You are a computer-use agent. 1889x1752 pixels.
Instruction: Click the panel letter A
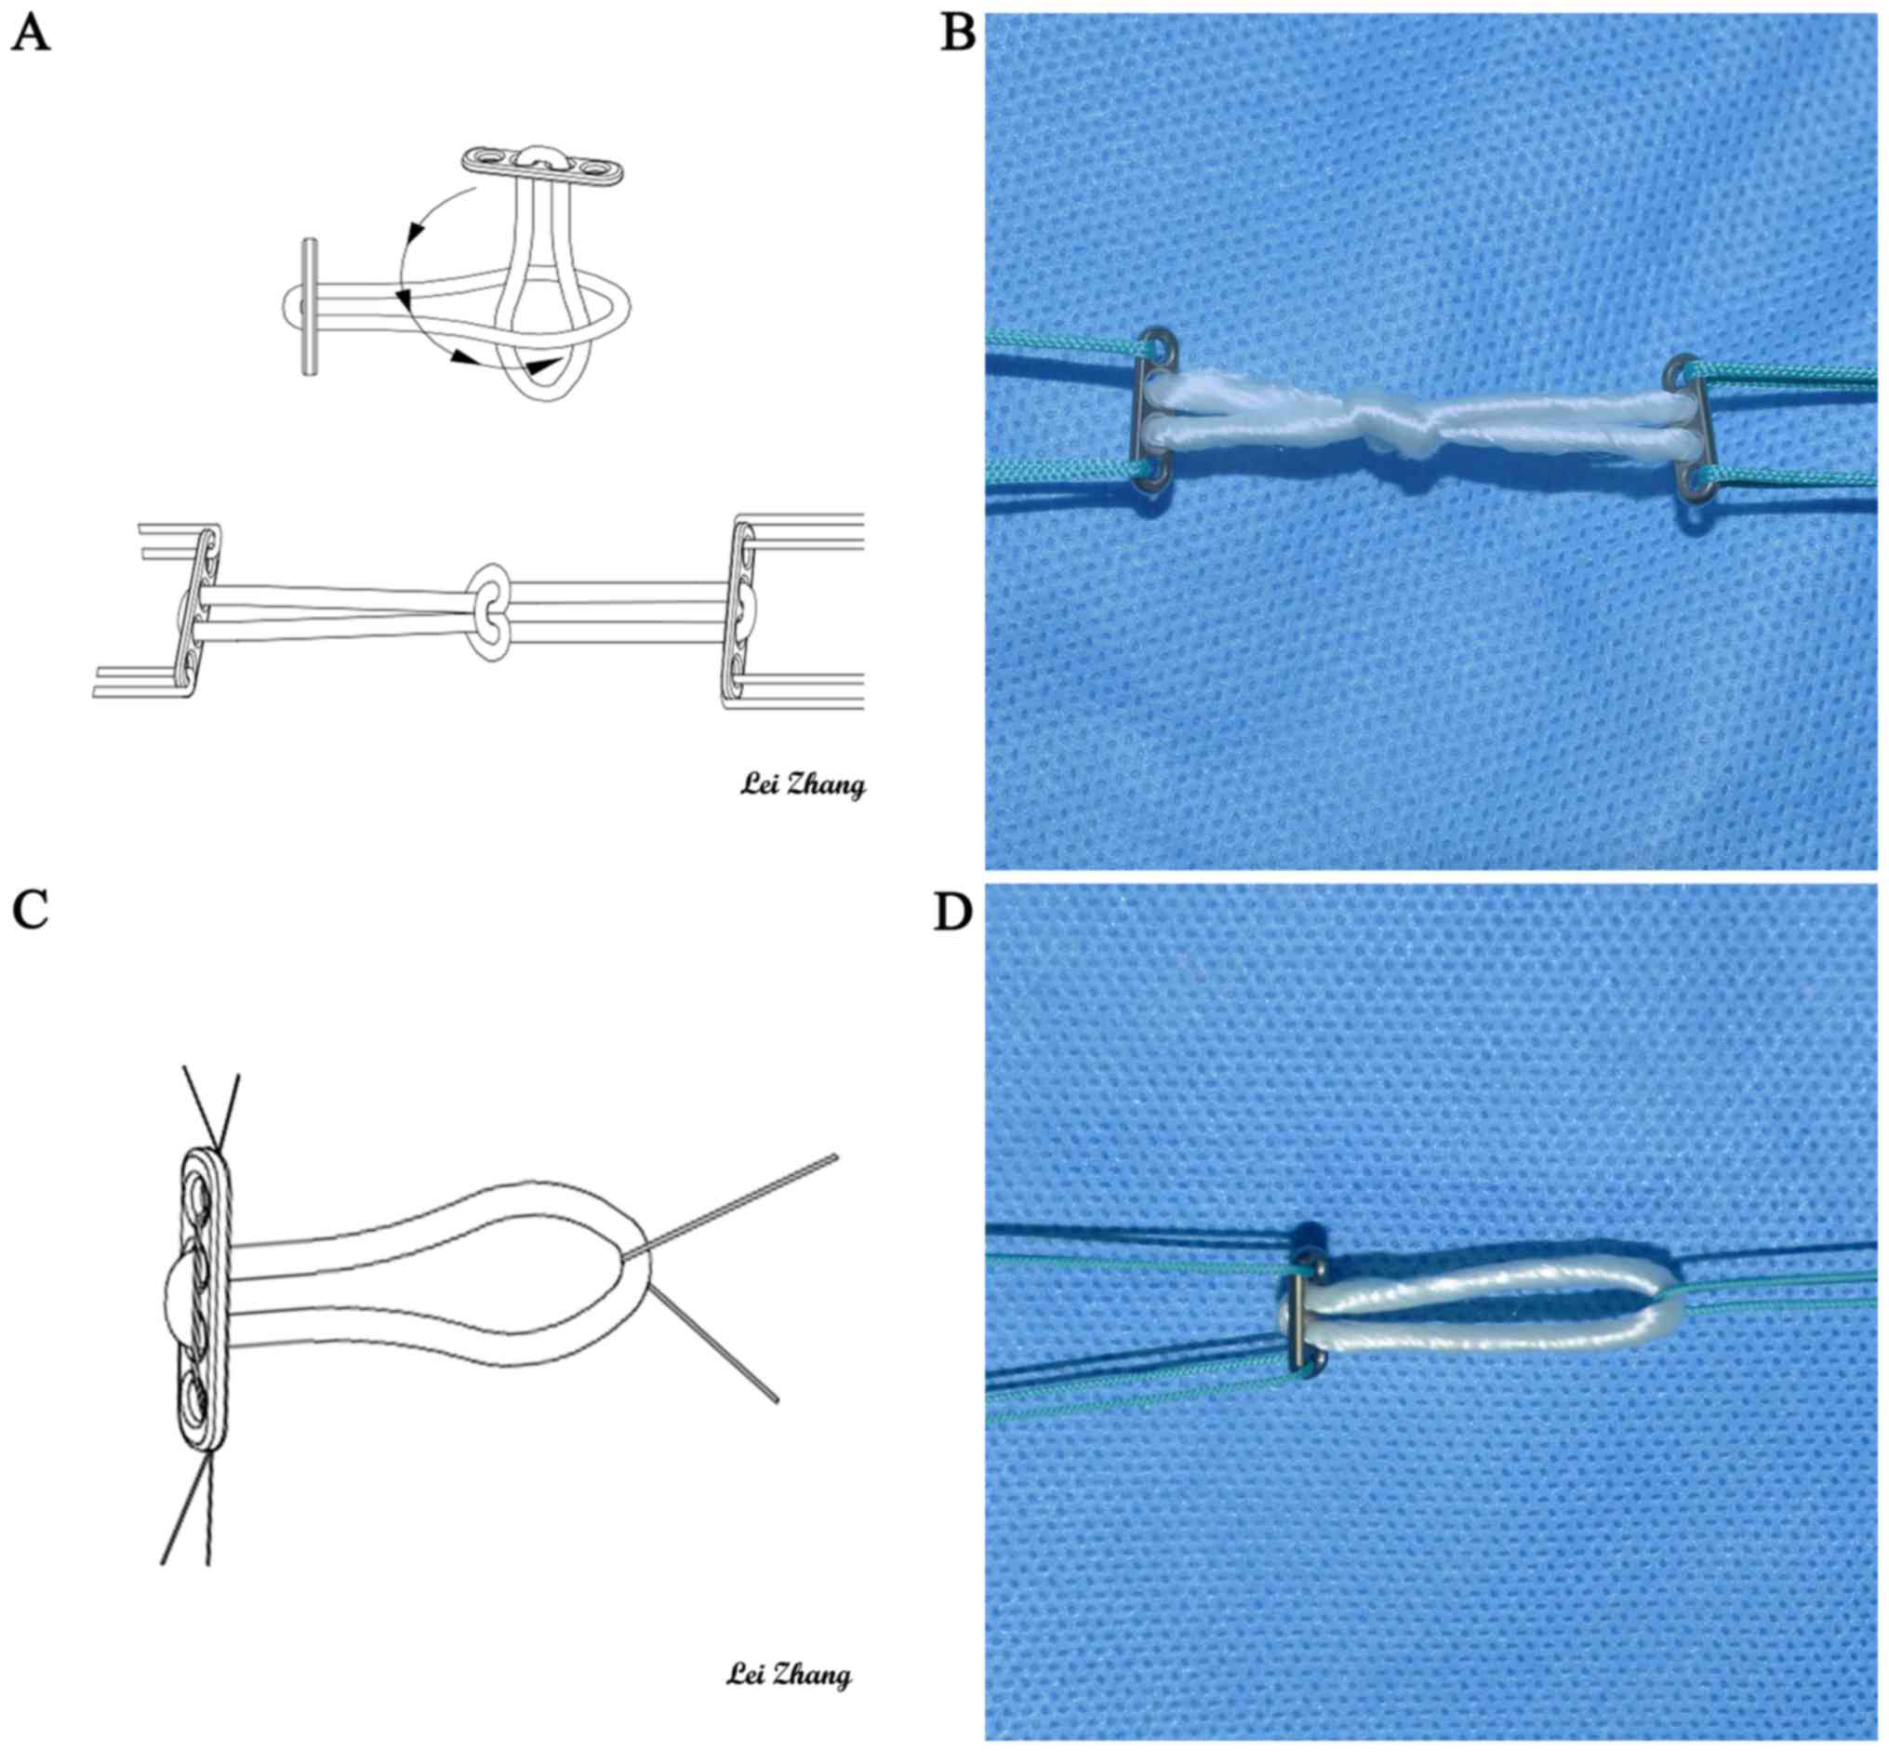pos(32,35)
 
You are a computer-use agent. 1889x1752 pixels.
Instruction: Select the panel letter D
pos(953,911)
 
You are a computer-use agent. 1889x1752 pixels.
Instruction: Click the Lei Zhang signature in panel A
pos(802,785)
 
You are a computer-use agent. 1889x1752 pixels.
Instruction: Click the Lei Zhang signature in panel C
pos(789,1674)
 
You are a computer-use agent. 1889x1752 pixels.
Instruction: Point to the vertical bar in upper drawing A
pos(309,307)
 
